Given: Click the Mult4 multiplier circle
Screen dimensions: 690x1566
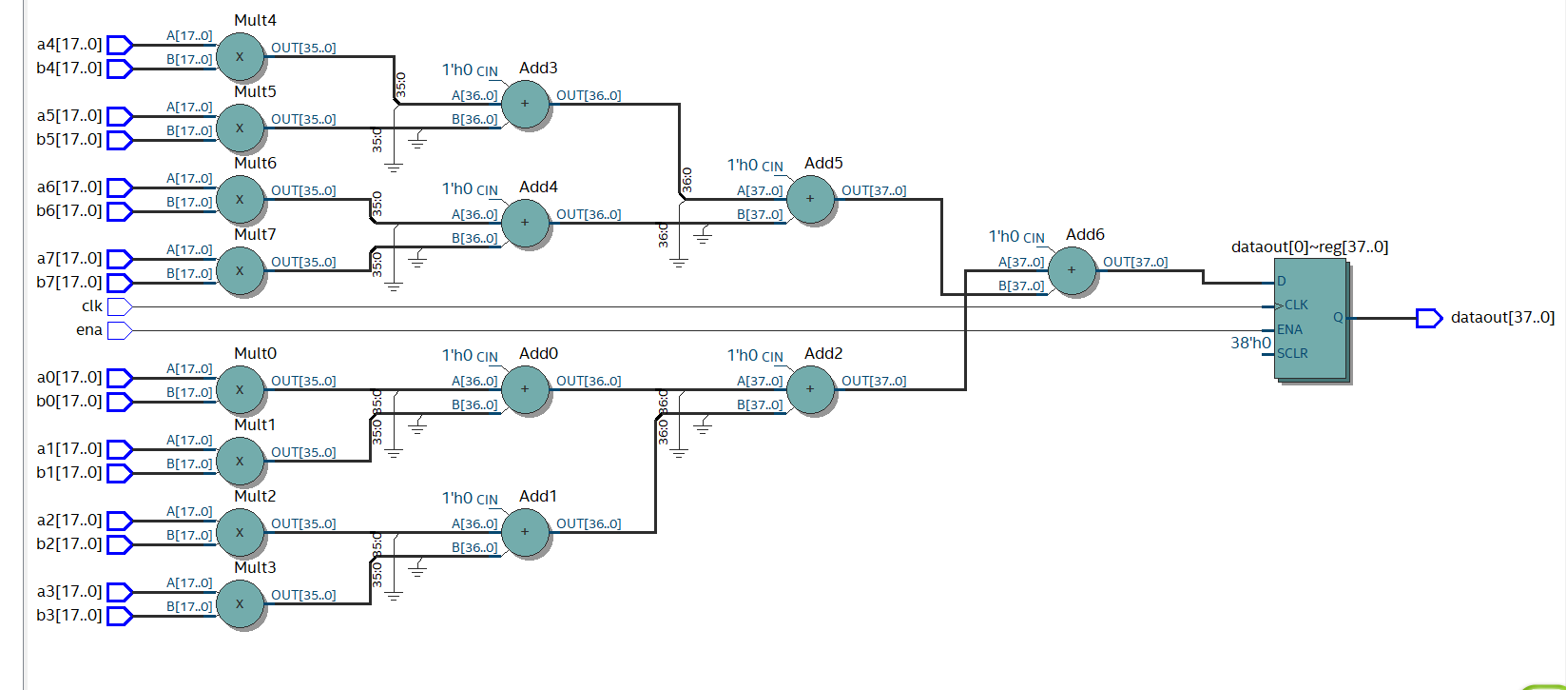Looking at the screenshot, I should click(x=240, y=57).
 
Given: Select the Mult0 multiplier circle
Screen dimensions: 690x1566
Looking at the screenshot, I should click(x=240, y=389).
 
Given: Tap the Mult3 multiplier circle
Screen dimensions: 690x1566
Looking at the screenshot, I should click(x=240, y=603).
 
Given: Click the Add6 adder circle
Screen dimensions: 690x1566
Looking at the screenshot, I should click(x=1072, y=270).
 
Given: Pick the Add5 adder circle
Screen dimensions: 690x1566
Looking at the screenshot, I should click(x=810, y=199).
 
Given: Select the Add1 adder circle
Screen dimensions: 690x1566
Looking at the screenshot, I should click(x=525, y=532).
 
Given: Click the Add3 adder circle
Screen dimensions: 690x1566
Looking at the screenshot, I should click(x=525, y=104).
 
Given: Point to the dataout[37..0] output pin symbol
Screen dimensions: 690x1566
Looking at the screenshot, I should click(x=1429, y=318).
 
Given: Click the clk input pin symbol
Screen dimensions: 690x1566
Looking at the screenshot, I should click(x=119, y=306).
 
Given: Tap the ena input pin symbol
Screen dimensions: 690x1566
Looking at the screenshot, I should click(x=119, y=330).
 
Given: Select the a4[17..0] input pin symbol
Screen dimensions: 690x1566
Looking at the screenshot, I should click(x=119, y=45).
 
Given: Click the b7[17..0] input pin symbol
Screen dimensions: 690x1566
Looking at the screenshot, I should click(x=119, y=283).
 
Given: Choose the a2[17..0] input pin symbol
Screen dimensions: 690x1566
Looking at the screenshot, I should click(x=119, y=521).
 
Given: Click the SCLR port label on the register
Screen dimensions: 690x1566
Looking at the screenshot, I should click(x=1292, y=353).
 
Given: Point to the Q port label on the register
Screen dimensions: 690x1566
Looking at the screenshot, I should click(x=1338, y=318).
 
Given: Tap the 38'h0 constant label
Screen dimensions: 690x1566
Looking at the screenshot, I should click(x=1250, y=343).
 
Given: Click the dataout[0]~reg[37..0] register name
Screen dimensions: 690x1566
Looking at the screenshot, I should click(x=1309, y=247).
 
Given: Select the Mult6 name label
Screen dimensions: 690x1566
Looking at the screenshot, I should click(x=255, y=164).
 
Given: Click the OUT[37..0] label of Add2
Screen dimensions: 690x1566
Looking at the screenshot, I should click(x=874, y=381).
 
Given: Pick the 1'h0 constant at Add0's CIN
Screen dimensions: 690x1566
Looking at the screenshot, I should click(x=456, y=355).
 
